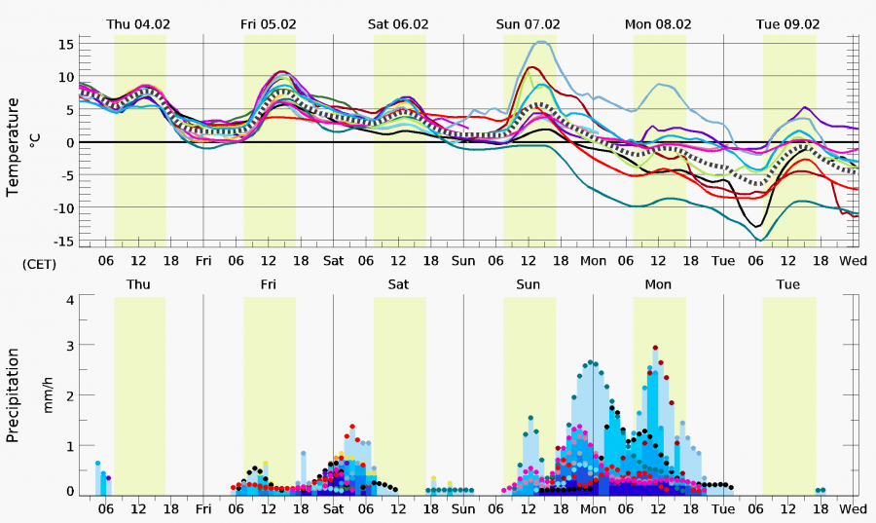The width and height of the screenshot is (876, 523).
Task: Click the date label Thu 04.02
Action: click(x=139, y=23)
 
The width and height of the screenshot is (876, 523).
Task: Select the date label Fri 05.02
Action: click(x=269, y=23)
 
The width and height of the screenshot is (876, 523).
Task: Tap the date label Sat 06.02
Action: click(x=398, y=23)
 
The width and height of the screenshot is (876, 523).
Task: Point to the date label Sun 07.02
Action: click(x=528, y=23)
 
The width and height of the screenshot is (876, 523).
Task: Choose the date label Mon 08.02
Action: click(x=658, y=23)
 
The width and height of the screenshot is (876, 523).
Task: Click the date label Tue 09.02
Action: click(x=787, y=23)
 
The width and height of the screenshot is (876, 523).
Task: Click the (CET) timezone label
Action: click(x=39, y=263)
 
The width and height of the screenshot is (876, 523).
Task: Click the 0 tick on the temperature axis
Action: click(x=70, y=142)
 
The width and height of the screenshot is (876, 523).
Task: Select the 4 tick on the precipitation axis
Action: click(x=70, y=299)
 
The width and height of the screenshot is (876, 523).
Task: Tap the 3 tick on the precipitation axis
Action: click(x=70, y=347)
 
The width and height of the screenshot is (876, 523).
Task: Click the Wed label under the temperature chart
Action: click(x=854, y=261)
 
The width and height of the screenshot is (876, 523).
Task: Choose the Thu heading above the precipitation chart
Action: click(x=139, y=284)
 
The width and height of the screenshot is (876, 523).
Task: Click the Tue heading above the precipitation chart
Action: click(x=787, y=284)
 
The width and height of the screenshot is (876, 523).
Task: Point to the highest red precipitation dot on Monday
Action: click(x=655, y=348)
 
